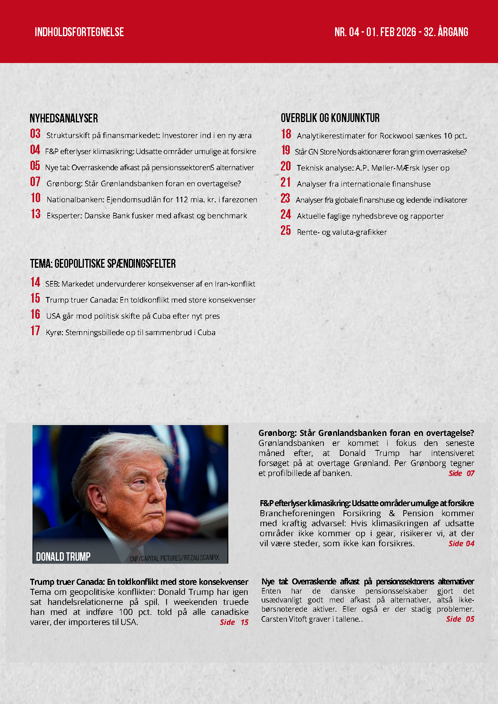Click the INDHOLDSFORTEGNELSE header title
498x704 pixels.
click(79, 32)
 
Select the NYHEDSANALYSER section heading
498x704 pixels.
click(64, 118)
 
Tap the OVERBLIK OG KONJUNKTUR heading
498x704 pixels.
click(330, 118)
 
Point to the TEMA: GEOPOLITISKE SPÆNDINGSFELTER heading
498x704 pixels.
click(103, 264)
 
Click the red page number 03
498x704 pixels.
click(35, 134)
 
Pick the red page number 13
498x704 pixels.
click(35, 214)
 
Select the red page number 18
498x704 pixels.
click(286, 134)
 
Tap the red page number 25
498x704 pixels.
click(285, 230)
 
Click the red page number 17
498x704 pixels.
click(35, 331)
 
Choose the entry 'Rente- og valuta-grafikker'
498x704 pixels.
click(341, 232)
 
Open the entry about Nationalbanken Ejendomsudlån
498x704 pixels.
click(152, 199)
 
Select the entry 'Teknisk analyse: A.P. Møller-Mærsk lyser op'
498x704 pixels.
click(373, 168)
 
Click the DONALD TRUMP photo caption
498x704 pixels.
click(63, 557)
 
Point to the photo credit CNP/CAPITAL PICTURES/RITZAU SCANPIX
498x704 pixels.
click(174, 558)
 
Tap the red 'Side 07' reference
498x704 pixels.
click(461, 473)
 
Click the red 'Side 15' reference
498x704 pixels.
click(234, 622)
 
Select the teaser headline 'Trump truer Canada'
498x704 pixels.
click(139, 582)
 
